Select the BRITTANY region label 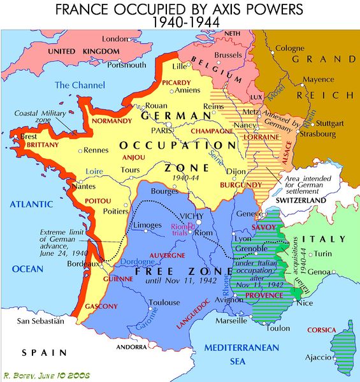(x=25, y=145)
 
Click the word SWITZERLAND (x=301, y=200)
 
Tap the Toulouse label (x=164, y=302)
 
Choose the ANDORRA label (x=131, y=348)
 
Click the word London (x=115, y=39)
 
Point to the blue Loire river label (x=76, y=171)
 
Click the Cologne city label (x=290, y=48)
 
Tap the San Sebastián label (x=40, y=320)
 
